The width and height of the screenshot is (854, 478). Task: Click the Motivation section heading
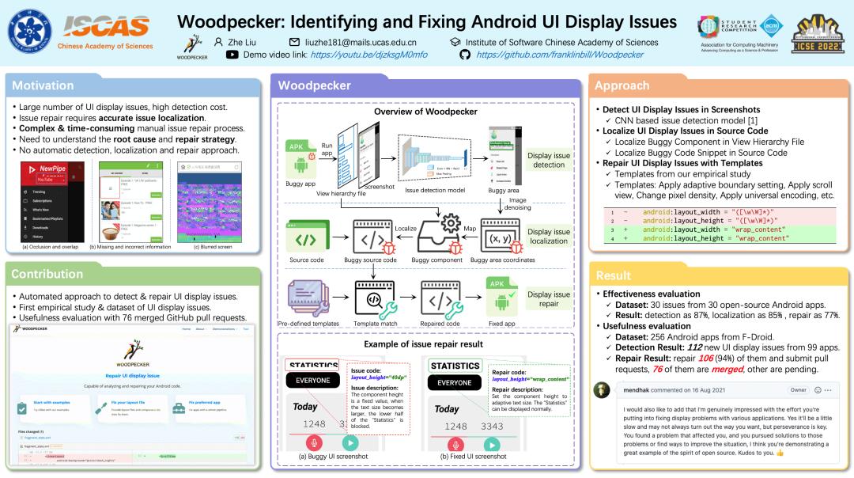pos(43,85)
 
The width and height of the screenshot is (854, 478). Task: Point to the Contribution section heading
pos(48,274)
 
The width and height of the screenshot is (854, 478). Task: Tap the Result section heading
pos(614,275)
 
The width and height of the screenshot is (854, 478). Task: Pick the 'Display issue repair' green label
pos(549,299)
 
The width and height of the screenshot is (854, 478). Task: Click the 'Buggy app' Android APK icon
pos(300,158)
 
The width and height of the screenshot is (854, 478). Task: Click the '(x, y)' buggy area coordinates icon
pos(502,237)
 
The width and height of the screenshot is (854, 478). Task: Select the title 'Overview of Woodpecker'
pos(425,112)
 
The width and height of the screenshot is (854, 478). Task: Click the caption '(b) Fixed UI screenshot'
pos(474,456)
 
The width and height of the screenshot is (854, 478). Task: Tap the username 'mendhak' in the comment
pos(640,390)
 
